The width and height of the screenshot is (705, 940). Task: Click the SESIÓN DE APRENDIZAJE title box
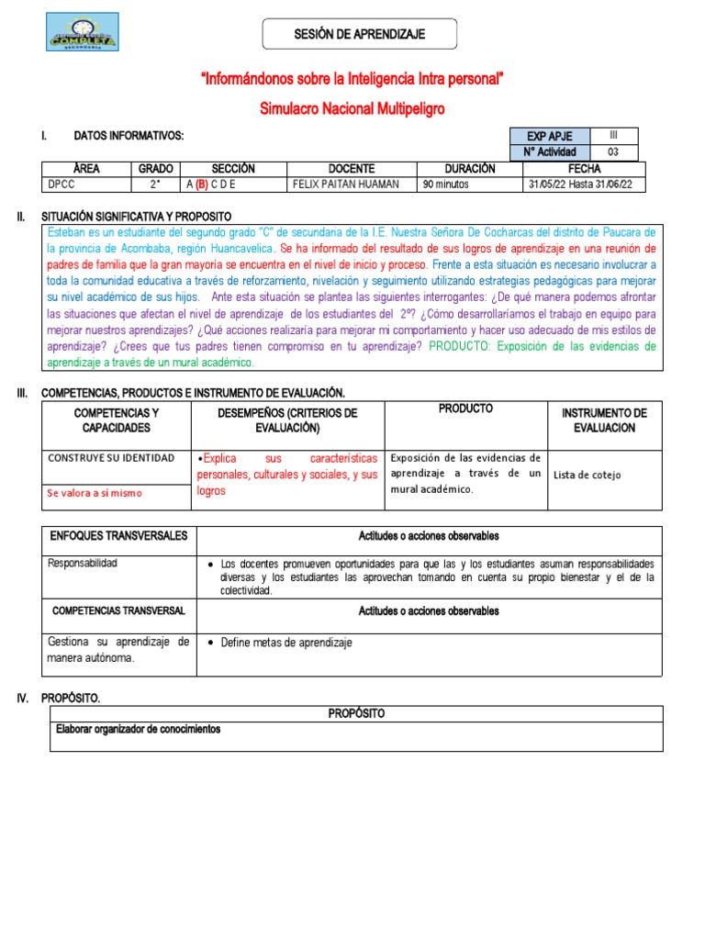pyautogui.click(x=359, y=34)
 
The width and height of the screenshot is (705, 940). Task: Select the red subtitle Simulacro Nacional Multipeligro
pyautogui.click(x=352, y=109)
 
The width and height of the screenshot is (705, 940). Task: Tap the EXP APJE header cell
pyautogui.click(x=550, y=137)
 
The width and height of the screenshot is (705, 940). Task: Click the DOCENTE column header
pyautogui.click(x=352, y=169)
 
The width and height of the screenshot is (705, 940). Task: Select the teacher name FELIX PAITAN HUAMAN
pyautogui.click(x=345, y=184)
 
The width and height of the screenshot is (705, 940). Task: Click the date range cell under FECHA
pyautogui.click(x=584, y=184)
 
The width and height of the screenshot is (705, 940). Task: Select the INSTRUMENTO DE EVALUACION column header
pyautogui.click(x=604, y=420)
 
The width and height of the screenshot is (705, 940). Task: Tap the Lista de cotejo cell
pyautogui.click(x=587, y=475)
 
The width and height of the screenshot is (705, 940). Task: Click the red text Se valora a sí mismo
pyautogui.click(x=95, y=493)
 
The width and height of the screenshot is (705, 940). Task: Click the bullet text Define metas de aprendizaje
pyautogui.click(x=286, y=643)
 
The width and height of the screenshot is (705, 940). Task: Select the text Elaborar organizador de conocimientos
pyautogui.click(x=139, y=730)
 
